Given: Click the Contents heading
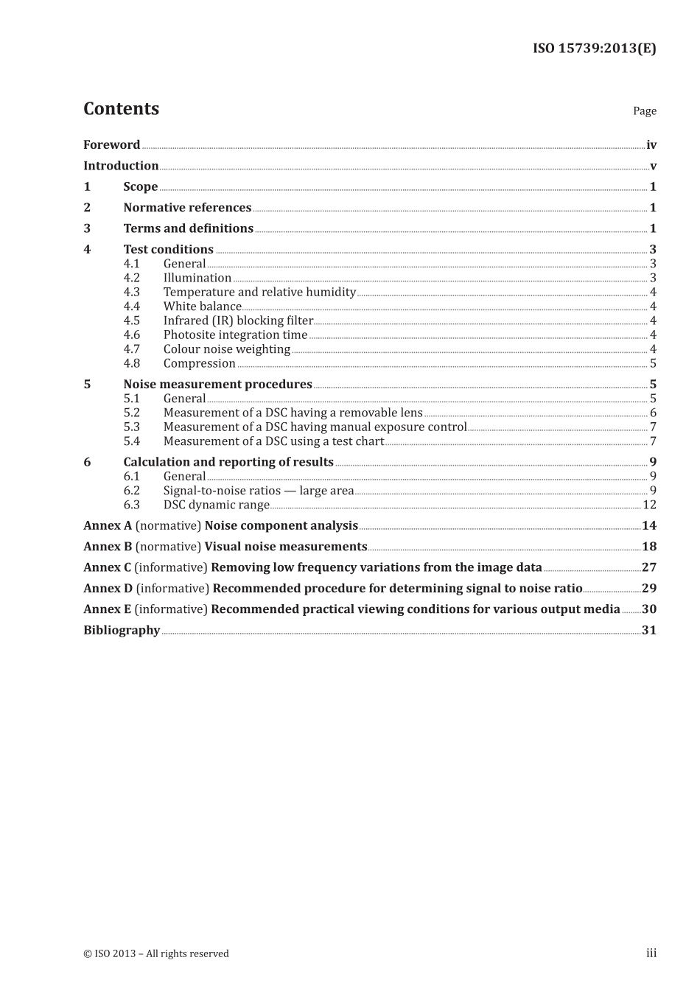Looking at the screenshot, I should coord(121,109).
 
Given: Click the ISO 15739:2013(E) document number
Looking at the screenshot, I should coord(594,49).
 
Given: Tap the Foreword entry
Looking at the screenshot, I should coord(111,145).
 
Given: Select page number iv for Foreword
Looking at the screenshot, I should coord(651,145).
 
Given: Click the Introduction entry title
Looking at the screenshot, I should coord(121,166).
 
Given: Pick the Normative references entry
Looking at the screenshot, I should coord(187,208).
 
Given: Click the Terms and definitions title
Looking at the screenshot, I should coord(188,228).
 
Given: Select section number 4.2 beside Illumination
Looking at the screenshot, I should coord(131,278).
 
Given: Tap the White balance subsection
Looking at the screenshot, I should coord(202,307).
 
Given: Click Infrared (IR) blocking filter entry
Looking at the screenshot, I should coord(238,321).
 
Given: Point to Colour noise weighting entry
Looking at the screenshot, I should coord(226,349).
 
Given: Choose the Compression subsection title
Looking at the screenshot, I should coord(199,363).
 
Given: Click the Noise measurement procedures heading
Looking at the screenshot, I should coord(217,385).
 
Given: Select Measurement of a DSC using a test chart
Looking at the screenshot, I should coord(273,441).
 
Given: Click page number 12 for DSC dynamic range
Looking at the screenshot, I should coord(649,505).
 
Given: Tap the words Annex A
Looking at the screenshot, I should coord(108,526).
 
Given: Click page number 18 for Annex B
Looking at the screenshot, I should coord(648,547).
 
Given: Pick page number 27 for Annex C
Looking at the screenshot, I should coord(648,567).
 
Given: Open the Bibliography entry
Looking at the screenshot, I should coord(122,630).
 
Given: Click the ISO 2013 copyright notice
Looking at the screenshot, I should coord(156,953).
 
